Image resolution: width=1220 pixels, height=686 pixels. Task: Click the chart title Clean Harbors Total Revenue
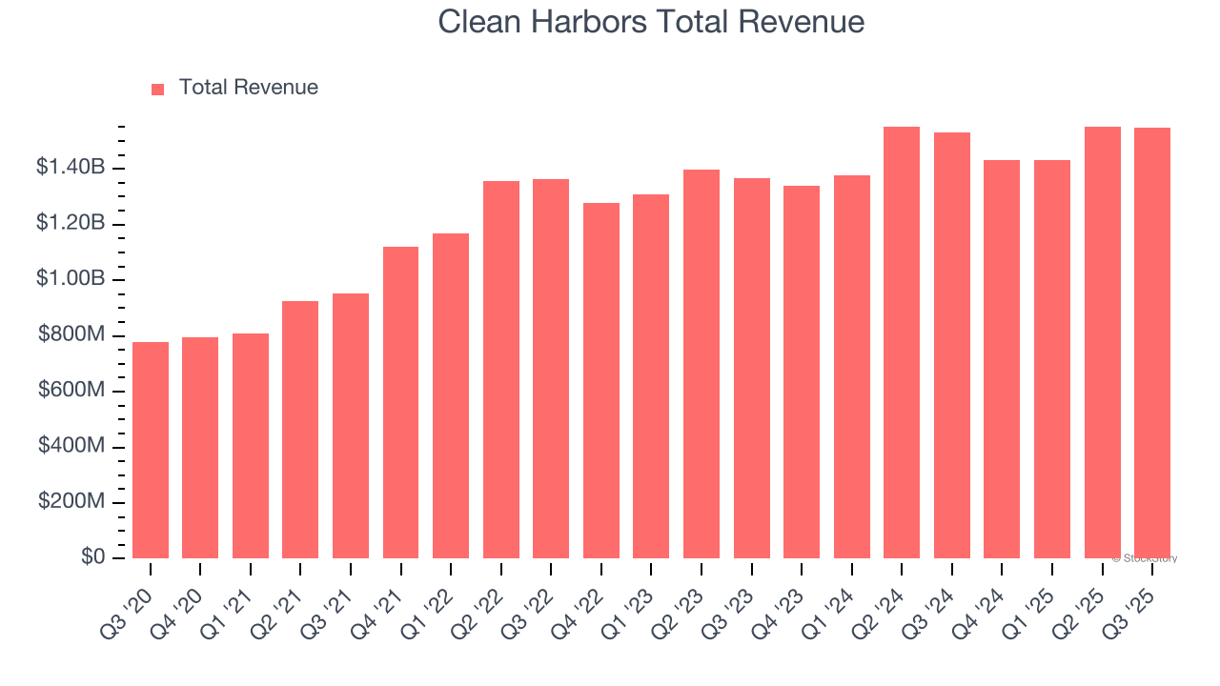click(651, 22)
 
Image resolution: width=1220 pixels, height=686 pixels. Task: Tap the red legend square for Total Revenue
click(158, 89)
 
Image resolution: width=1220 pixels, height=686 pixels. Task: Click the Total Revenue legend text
click(248, 88)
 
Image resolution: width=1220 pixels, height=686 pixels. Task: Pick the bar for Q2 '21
click(300, 430)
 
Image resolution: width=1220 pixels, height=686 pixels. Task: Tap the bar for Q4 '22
click(601, 380)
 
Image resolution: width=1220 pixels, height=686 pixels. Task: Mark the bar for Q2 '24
click(902, 342)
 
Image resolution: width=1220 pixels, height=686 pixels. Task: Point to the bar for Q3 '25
click(1152, 343)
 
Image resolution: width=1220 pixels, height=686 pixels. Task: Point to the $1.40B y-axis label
click(71, 168)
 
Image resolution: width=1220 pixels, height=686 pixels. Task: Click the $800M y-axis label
click(71, 334)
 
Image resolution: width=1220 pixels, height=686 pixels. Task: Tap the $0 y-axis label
click(92, 557)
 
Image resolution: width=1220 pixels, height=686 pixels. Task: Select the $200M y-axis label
click(71, 501)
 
